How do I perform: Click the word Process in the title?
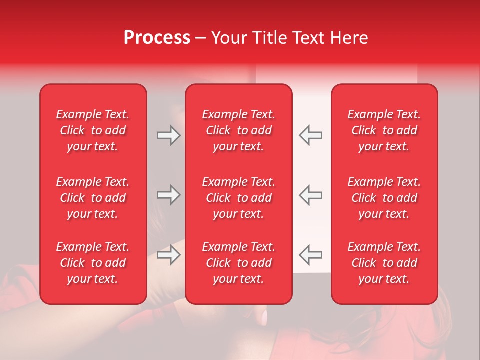[157, 38]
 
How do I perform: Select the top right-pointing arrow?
[168, 135]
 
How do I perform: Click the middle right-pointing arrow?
[168, 195]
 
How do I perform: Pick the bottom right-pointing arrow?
[168, 255]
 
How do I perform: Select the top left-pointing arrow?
[311, 135]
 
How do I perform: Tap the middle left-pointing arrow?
[311, 195]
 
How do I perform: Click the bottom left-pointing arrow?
[311, 255]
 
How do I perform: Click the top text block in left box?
[93, 130]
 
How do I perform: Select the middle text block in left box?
[93, 198]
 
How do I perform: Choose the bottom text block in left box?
[93, 263]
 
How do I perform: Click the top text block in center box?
[239, 130]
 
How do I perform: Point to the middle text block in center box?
[239, 198]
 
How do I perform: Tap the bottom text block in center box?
[239, 263]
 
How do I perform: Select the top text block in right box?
[384, 130]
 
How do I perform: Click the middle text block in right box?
[384, 198]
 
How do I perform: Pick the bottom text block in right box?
[384, 263]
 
